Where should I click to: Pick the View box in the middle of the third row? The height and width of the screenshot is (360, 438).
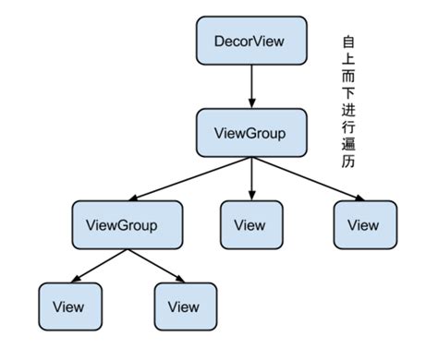tap(249, 224)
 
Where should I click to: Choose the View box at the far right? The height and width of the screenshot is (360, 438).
tap(363, 224)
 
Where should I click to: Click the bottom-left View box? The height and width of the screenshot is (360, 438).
tap(68, 306)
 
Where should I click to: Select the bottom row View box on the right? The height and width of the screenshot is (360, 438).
tap(183, 306)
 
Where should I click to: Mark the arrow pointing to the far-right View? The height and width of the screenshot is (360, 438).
tap(310, 179)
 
